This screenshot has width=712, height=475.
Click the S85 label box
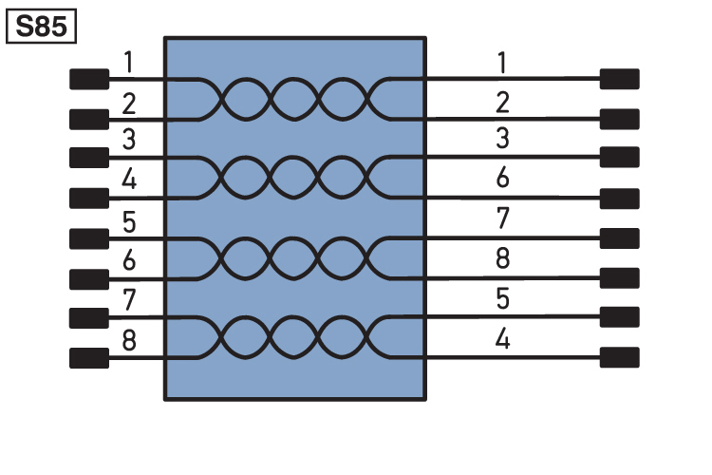[x=41, y=27]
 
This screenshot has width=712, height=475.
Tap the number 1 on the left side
[x=129, y=63]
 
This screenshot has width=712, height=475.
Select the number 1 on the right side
[x=502, y=63]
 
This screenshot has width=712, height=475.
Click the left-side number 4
[x=129, y=180]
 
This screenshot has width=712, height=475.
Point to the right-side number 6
[x=502, y=178]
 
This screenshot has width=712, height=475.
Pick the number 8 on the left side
[x=129, y=340]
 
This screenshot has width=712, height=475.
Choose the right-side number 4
[x=502, y=338]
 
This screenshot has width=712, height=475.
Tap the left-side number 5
[x=129, y=222]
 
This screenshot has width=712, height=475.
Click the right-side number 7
[x=502, y=218]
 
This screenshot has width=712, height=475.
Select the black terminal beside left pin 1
[x=89, y=79]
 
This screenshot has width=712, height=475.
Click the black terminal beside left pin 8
[x=89, y=358]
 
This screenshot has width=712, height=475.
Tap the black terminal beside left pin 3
[x=89, y=158]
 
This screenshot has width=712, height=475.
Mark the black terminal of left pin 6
[x=89, y=279]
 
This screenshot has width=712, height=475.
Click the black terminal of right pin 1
[x=619, y=79]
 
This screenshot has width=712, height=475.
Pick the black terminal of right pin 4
[x=619, y=357]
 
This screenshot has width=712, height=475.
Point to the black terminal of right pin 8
[x=619, y=278]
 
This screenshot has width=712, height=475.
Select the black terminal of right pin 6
[x=619, y=199]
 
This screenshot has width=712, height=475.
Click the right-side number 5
[x=502, y=298]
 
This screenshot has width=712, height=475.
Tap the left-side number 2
[x=129, y=104]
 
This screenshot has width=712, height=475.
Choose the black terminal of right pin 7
[x=619, y=238]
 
